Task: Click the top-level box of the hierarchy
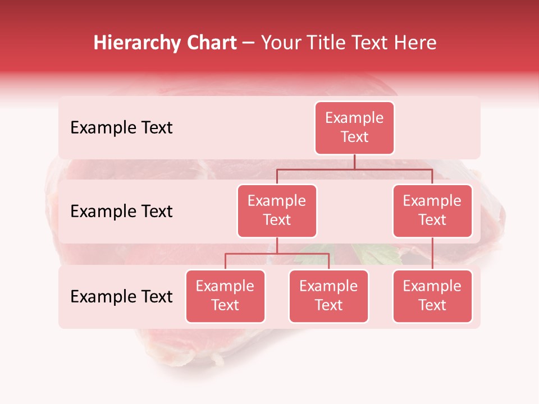tap(354, 128)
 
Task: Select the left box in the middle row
tap(277, 211)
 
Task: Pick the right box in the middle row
tap(432, 211)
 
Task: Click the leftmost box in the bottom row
tap(225, 296)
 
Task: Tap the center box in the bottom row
tap(328, 296)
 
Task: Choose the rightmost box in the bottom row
tap(432, 296)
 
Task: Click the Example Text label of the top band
tap(121, 128)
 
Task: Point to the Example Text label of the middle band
tap(121, 212)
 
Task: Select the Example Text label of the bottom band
tap(121, 297)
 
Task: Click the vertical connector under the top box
tap(354, 162)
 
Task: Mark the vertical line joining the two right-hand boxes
tap(432, 254)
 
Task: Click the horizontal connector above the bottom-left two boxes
tap(277, 254)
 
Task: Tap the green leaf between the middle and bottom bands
tap(376, 254)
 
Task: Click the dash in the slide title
tap(249, 43)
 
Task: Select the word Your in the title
tap(280, 43)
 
